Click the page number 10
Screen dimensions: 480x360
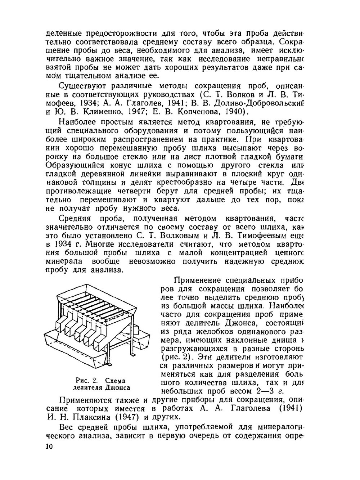pyautogui.click(x=49, y=447)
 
